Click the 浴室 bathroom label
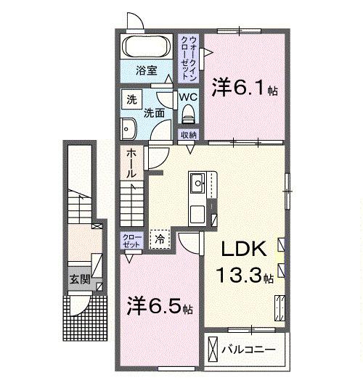click(x=147, y=70)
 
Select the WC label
click(x=187, y=95)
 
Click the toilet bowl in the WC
click(x=189, y=114)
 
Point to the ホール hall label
click(x=130, y=164)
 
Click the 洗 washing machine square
click(x=131, y=99)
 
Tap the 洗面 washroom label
click(x=152, y=112)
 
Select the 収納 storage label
click(x=188, y=135)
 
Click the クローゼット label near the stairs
click(x=131, y=241)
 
